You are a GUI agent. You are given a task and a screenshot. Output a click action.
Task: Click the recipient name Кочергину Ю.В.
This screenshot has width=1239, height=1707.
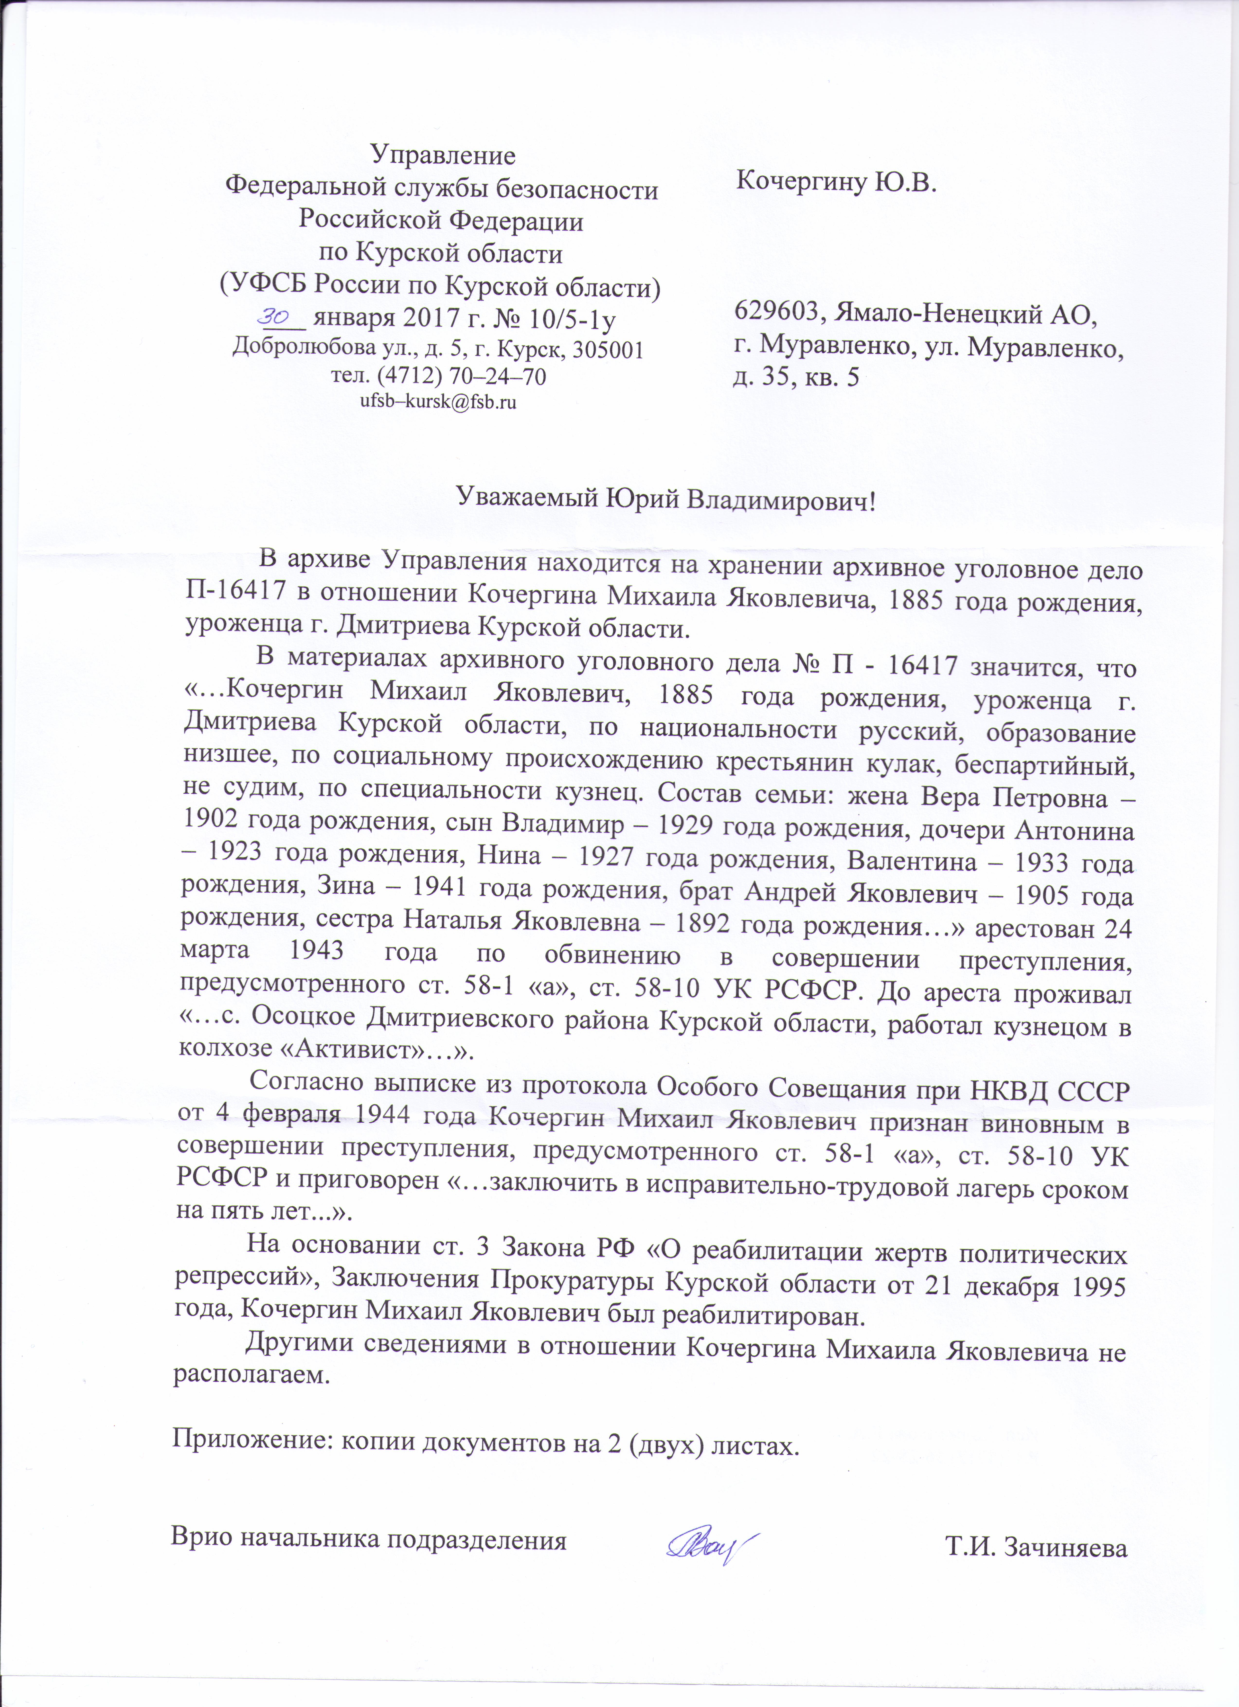tap(836, 181)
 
